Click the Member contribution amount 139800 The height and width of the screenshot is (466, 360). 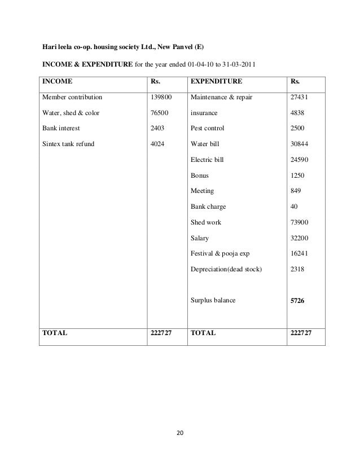pyautogui.click(x=160, y=97)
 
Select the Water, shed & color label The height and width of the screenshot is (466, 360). pyautogui.click(x=71, y=113)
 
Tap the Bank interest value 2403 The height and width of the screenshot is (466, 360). pyautogui.click(x=158, y=128)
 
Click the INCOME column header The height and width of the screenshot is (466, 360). pyautogui.click(x=58, y=81)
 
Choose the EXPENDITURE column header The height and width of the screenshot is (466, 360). pyautogui.click(x=217, y=81)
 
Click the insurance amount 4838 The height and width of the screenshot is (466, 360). pyautogui.click(x=297, y=113)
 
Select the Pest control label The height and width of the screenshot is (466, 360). pyautogui.click(x=208, y=128)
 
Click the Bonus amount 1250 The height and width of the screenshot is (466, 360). pyautogui.click(x=297, y=175)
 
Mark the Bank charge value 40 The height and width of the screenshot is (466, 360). pyautogui.click(x=293, y=206)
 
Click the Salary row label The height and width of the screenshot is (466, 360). pyautogui.click(x=200, y=238)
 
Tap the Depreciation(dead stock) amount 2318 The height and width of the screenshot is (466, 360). pyautogui.click(x=297, y=270)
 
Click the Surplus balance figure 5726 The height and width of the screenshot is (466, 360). pyautogui.click(x=297, y=301)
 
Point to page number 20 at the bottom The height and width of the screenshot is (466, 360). pyautogui.click(x=180, y=433)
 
